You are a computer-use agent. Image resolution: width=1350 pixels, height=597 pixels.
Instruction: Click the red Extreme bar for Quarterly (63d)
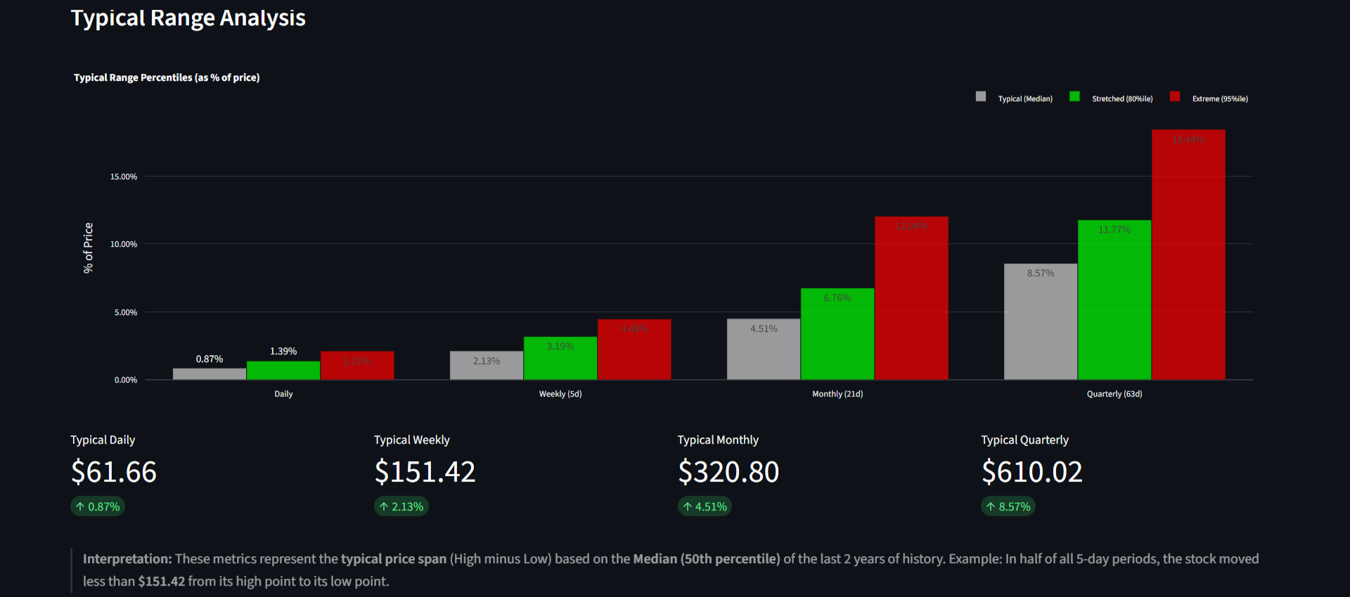[1188, 255]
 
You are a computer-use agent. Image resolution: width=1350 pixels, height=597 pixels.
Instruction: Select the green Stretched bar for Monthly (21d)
[837, 334]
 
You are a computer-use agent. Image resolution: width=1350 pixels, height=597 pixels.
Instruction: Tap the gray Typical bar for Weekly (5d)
[487, 366]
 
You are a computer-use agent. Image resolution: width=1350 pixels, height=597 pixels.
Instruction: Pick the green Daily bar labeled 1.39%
[283, 371]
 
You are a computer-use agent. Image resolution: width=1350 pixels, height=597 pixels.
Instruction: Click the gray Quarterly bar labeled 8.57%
[1040, 322]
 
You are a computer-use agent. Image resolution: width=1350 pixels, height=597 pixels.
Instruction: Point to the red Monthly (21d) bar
[911, 298]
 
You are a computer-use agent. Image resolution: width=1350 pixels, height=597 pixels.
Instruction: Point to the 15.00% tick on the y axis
[124, 176]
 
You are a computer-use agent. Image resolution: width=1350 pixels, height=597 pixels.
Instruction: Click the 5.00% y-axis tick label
[126, 312]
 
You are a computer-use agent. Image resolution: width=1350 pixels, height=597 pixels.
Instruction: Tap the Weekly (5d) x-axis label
[560, 394]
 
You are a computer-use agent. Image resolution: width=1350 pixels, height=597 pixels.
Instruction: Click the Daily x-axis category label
[283, 394]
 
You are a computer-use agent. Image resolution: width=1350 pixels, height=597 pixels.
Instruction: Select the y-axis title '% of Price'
[89, 248]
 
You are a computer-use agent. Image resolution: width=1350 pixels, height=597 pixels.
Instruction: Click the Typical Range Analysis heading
[188, 18]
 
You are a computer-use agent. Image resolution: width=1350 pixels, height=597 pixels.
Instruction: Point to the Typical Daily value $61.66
[114, 472]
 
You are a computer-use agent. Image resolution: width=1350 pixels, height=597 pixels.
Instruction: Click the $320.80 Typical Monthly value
[728, 472]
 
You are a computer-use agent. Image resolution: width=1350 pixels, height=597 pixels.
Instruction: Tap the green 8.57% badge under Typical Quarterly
[1008, 506]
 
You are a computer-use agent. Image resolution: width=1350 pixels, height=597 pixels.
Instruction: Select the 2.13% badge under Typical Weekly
[401, 506]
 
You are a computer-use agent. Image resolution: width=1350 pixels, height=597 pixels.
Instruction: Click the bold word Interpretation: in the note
[127, 559]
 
